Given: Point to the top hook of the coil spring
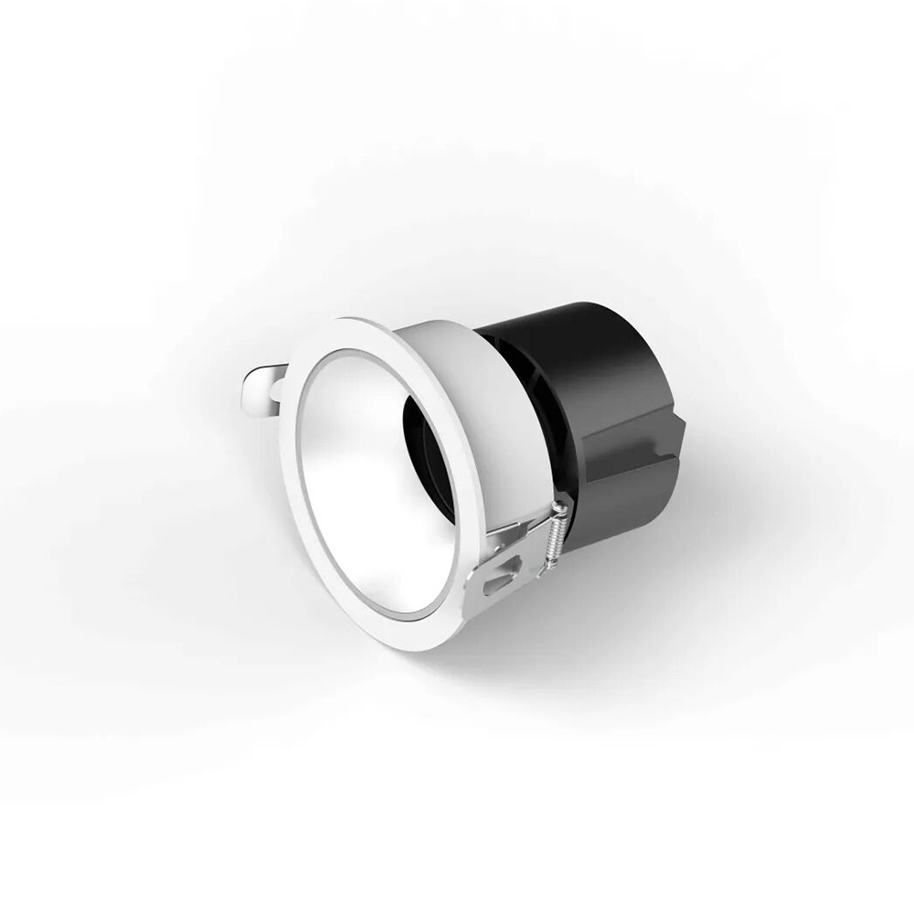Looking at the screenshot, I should click(x=559, y=507).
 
